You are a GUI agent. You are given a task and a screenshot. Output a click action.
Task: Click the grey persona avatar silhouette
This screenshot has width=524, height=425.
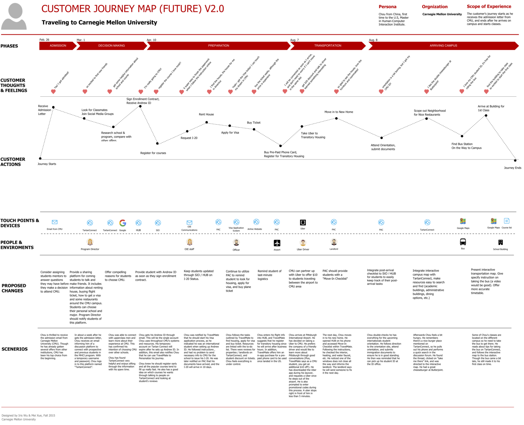(x=14, y=17)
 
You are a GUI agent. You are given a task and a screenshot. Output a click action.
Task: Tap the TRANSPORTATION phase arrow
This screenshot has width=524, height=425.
(x=327, y=46)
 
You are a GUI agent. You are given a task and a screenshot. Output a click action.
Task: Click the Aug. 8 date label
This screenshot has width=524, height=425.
(x=373, y=40)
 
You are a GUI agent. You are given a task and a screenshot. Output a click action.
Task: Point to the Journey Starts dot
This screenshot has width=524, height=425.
(x=40, y=158)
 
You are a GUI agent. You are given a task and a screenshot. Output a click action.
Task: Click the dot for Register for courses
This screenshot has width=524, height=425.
(x=157, y=143)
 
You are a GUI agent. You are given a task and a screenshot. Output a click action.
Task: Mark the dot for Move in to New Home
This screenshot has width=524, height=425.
(x=336, y=118)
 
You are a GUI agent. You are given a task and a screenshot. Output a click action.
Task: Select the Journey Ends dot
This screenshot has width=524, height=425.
(x=515, y=160)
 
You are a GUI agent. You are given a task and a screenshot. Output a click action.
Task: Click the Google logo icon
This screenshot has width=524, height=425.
(x=123, y=223)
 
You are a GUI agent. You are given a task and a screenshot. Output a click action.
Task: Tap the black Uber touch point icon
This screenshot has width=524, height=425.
(x=303, y=222)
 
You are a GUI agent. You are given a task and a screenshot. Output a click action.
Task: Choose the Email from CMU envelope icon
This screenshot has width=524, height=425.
(x=54, y=222)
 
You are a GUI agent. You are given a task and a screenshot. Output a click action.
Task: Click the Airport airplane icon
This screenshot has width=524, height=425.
(x=277, y=243)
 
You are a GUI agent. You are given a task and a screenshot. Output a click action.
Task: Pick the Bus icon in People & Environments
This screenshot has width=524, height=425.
(x=463, y=242)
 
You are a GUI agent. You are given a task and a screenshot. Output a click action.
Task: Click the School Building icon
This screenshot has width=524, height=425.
(x=500, y=242)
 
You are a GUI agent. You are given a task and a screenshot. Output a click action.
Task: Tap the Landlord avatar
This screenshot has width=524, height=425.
(x=334, y=242)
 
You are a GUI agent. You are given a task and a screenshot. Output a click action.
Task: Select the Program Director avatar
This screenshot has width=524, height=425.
(x=90, y=242)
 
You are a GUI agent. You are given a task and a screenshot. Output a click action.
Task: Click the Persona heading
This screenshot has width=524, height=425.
(x=387, y=7)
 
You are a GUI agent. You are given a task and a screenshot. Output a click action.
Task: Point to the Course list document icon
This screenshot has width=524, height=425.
(x=506, y=221)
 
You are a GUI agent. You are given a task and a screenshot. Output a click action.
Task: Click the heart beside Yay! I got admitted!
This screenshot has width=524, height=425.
(x=53, y=92)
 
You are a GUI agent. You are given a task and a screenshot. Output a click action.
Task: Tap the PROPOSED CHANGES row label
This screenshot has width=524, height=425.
(x=14, y=288)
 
